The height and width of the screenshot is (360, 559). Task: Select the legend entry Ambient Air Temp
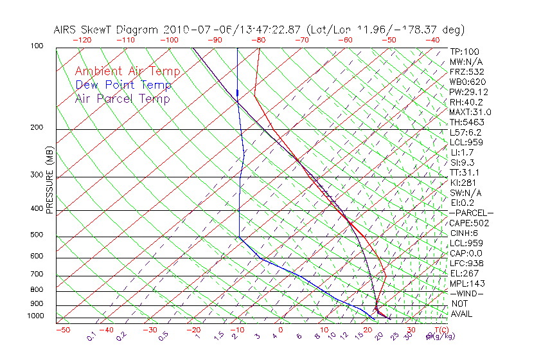click(127, 71)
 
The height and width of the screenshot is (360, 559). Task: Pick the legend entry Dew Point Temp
click(123, 85)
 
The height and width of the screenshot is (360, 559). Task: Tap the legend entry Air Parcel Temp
click(122, 98)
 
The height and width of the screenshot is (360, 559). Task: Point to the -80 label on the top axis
click(258, 39)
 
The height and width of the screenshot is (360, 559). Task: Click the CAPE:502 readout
click(467, 223)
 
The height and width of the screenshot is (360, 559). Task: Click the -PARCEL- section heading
click(471, 213)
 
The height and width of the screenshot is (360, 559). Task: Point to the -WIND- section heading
click(467, 293)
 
